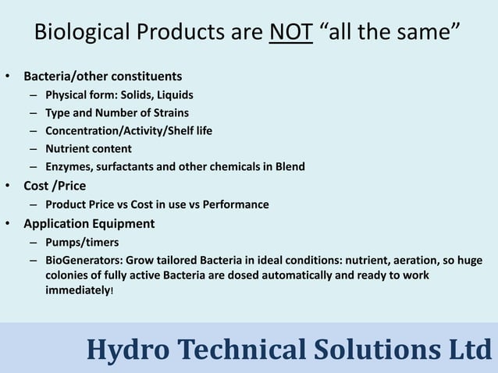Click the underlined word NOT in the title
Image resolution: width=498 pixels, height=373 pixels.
290,34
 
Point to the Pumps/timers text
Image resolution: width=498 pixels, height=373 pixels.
82,243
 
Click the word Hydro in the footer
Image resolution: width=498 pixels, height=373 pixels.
122,350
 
